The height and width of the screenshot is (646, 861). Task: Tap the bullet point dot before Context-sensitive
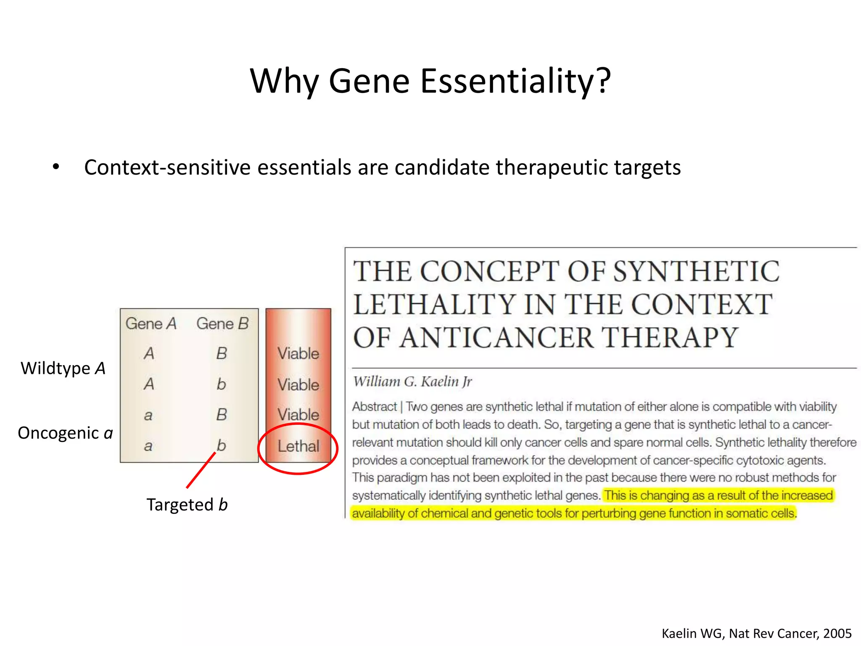click(x=56, y=167)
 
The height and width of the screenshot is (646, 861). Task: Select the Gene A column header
click(x=151, y=323)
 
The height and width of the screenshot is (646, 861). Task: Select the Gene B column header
click(x=222, y=323)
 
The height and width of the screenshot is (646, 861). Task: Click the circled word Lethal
click(x=298, y=446)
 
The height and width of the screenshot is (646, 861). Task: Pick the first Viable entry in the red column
click(x=298, y=353)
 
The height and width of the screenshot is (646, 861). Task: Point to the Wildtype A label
click(x=63, y=368)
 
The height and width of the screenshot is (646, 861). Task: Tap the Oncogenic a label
click(x=65, y=433)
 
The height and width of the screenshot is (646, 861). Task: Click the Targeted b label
click(x=187, y=504)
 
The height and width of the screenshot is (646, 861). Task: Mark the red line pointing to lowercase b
click(x=201, y=470)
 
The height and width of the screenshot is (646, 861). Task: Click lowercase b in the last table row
click(x=221, y=445)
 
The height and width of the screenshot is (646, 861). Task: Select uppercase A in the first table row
click(x=149, y=353)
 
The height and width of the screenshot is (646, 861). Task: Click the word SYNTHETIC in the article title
click(x=696, y=272)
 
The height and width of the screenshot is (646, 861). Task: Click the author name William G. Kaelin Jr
click(x=412, y=381)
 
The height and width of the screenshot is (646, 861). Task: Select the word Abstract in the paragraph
click(x=374, y=407)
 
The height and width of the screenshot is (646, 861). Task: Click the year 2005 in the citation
click(x=837, y=633)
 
